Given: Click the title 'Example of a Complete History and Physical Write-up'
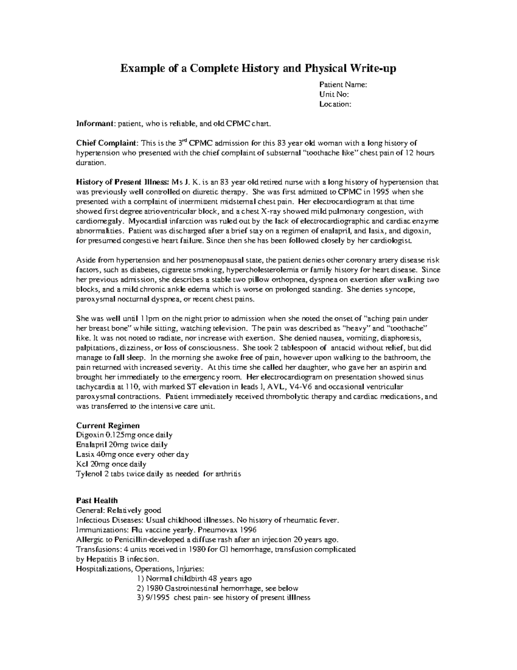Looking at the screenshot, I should (x=258, y=68).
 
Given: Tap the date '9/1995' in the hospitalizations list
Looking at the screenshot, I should (x=158, y=598).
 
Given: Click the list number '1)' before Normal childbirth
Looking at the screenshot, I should (x=140, y=579).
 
